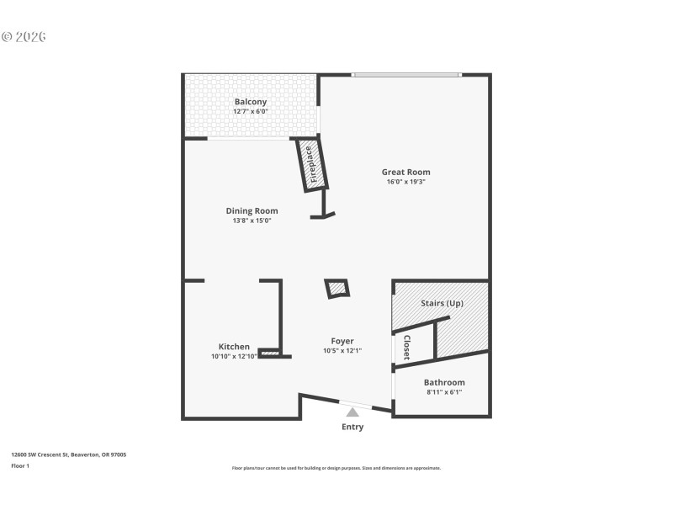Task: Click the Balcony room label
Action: tap(251, 102)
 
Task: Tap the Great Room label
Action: tap(405, 172)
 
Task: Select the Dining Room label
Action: tap(252, 210)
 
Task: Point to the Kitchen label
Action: tap(234, 347)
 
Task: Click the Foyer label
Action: tap(342, 341)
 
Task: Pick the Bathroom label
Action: tap(444, 382)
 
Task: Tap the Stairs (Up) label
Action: tap(442, 303)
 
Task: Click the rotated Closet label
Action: tap(406, 348)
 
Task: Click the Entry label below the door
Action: tap(352, 428)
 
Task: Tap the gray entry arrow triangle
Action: tap(352, 412)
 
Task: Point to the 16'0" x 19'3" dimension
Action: tap(405, 182)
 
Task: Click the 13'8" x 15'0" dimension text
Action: tap(252, 221)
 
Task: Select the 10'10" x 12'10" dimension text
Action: tap(234, 357)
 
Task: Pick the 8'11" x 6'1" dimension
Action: tap(444, 392)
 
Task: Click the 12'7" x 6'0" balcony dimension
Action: tap(251, 111)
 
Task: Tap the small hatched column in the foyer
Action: tap(338, 289)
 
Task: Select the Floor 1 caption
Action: tap(19, 465)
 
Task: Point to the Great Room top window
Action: tap(406, 75)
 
